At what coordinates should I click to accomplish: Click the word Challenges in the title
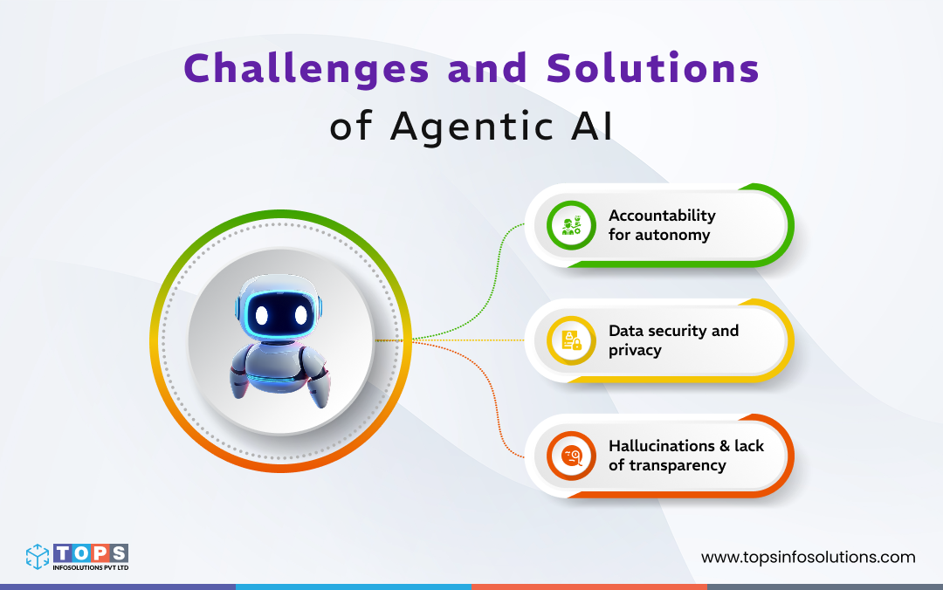pyautogui.click(x=306, y=69)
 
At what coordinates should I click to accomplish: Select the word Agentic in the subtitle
pyautogui.click(x=471, y=127)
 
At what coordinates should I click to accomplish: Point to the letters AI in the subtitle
pyautogui.click(x=592, y=126)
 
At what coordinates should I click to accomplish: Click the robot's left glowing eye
pyautogui.click(x=262, y=314)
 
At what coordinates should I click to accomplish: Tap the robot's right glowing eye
pyautogui.click(x=301, y=314)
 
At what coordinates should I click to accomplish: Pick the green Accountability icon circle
pyautogui.click(x=571, y=225)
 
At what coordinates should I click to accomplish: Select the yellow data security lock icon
pyautogui.click(x=571, y=340)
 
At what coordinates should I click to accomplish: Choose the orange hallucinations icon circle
pyautogui.click(x=571, y=456)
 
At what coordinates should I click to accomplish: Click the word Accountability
pyautogui.click(x=662, y=216)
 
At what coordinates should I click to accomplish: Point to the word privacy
pyautogui.click(x=635, y=351)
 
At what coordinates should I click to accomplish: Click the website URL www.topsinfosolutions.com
pyautogui.click(x=809, y=558)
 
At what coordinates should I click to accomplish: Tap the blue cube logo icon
pyautogui.click(x=38, y=556)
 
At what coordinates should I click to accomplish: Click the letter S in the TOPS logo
pyautogui.click(x=119, y=553)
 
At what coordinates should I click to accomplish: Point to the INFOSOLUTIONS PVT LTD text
pyautogui.click(x=91, y=567)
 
